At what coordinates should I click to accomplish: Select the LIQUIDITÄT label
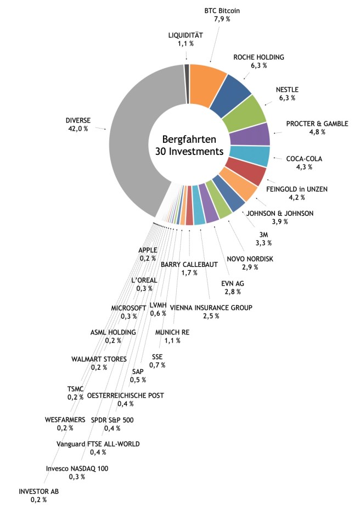[x=185, y=36]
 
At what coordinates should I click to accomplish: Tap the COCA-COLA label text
[x=304, y=159]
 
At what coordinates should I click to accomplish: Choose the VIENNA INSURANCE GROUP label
[x=211, y=308]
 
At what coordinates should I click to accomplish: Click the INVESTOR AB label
[x=38, y=492]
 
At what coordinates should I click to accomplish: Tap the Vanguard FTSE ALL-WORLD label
[x=98, y=444]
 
